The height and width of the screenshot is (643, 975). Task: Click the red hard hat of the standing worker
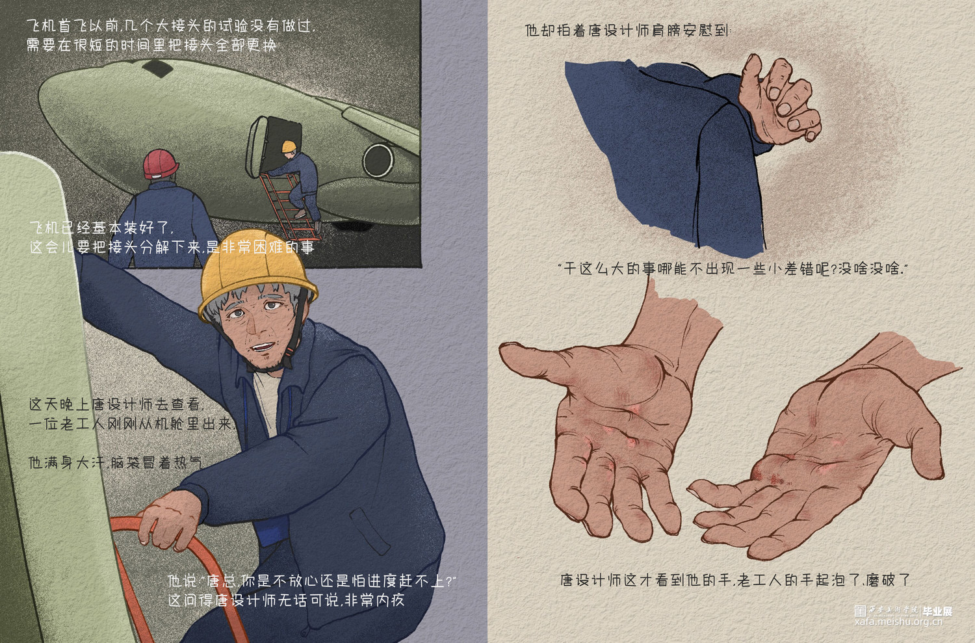[161, 164]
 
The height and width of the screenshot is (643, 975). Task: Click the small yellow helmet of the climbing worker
[289, 146]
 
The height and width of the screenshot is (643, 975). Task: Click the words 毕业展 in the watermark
[937, 611]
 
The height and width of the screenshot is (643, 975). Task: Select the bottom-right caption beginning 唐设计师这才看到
[735, 580]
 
